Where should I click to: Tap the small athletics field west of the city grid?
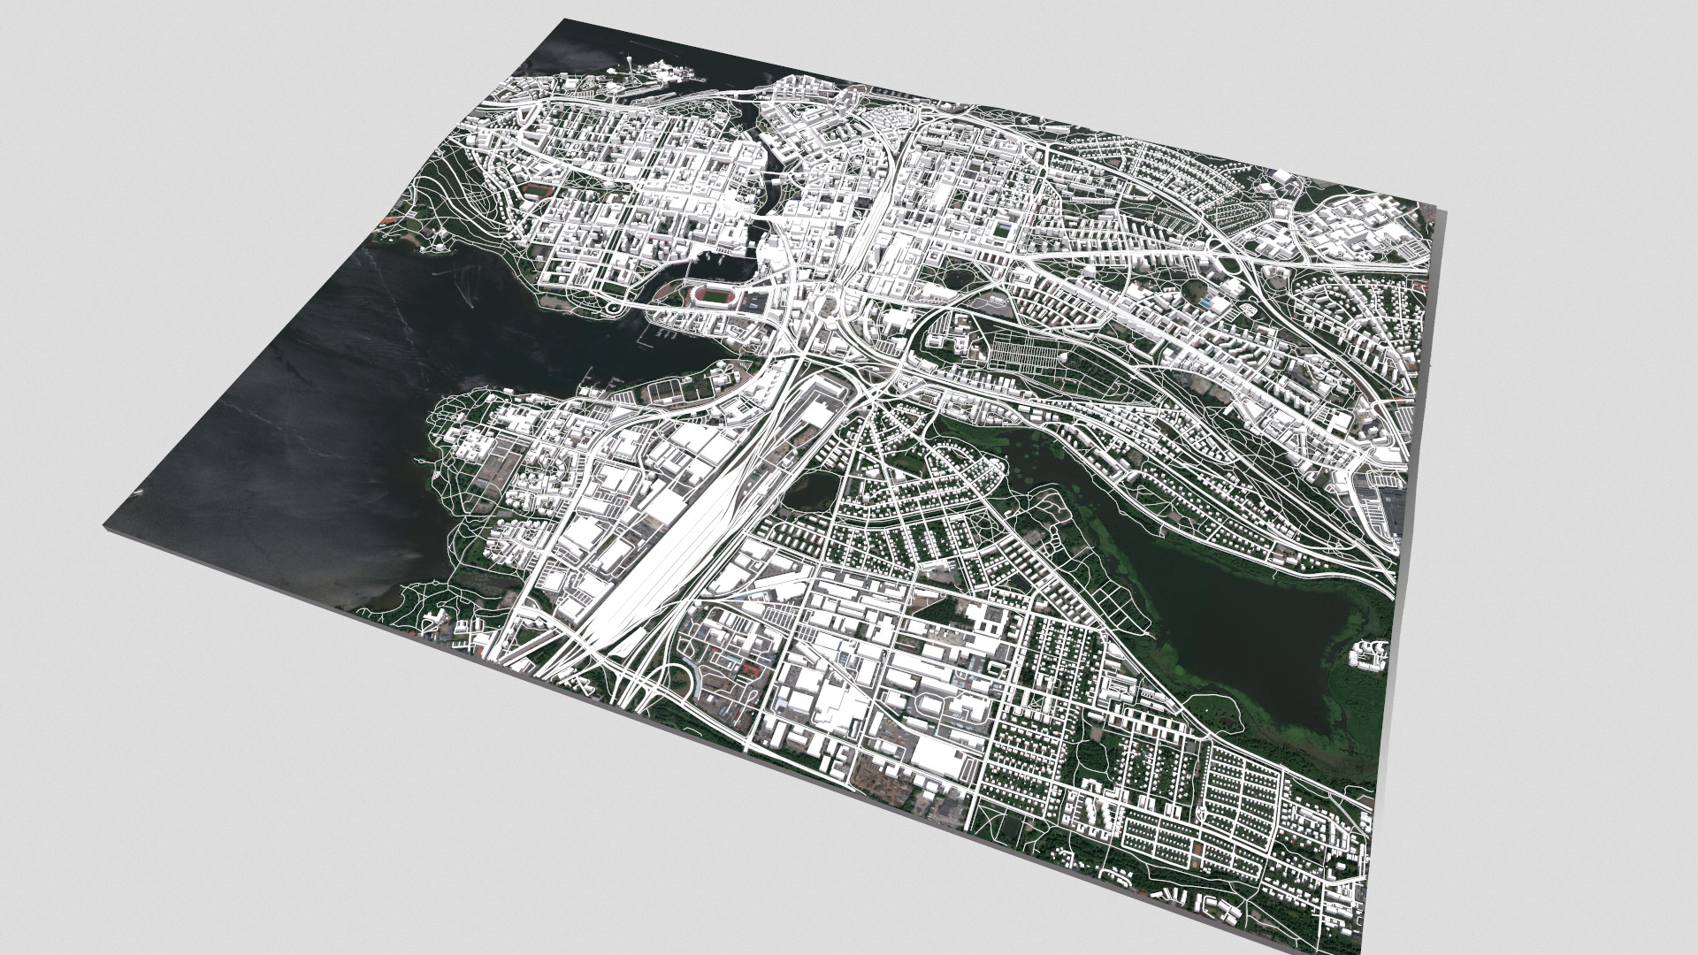(x=536, y=189)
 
